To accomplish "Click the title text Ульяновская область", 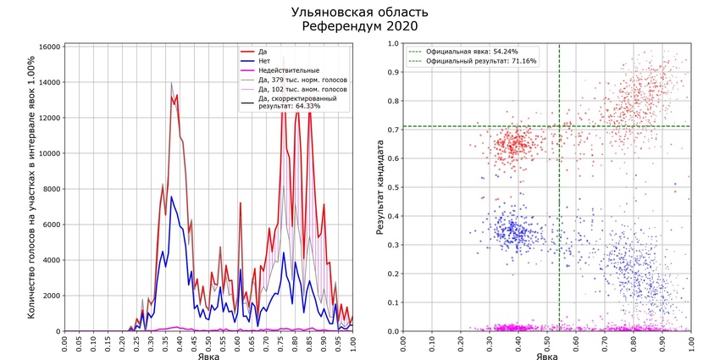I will pyautogui.click(x=359, y=12).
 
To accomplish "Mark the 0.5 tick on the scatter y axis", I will pyautogui.click(x=392, y=188).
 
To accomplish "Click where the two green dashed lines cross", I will pyautogui.click(x=559, y=126).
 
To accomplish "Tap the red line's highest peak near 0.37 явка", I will pyautogui.click(x=172, y=84).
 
